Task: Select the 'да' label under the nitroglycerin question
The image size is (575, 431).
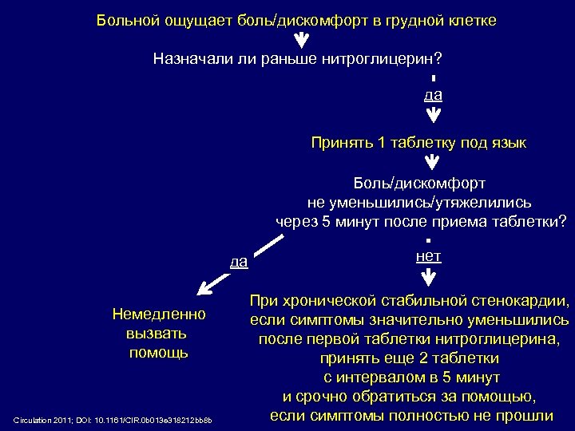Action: click(x=433, y=94)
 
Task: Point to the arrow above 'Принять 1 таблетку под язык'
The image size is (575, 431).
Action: click(x=432, y=115)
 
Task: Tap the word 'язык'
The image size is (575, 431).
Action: click(x=509, y=143)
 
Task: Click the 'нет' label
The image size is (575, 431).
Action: click(x=429, y=256)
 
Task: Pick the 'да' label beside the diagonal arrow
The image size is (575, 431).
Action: click(x=239, y=261)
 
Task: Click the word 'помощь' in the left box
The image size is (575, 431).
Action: click(x=159, y=352)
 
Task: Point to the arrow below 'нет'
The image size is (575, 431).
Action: click(x=429, y=277)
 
